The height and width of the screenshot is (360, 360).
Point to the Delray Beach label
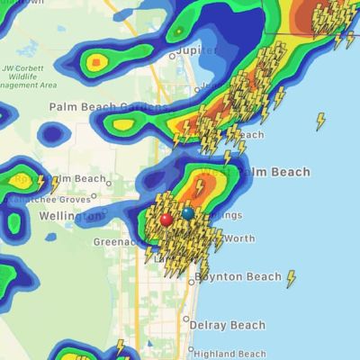pos(227,325)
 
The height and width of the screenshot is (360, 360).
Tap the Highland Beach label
pos(229,353)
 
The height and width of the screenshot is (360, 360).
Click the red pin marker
pos(166,219)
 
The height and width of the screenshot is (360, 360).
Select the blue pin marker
pos(187,213)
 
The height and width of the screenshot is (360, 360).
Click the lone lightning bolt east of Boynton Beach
pos(291,279)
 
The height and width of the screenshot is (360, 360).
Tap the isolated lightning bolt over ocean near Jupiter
pos(320,121)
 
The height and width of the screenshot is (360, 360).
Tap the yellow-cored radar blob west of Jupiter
pos(96,62)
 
